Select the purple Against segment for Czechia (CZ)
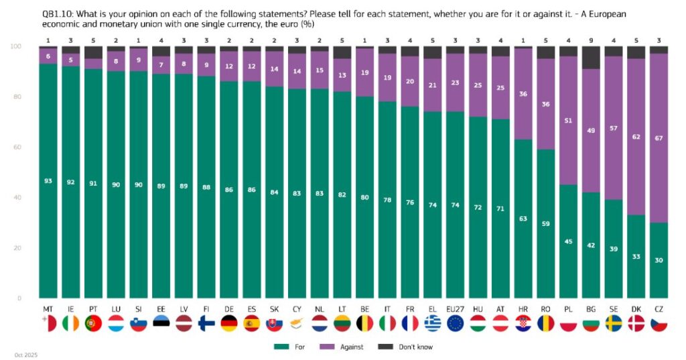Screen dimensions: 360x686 (658, 138)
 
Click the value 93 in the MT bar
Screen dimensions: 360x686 (48, 182)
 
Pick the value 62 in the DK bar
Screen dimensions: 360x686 (635, 136)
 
